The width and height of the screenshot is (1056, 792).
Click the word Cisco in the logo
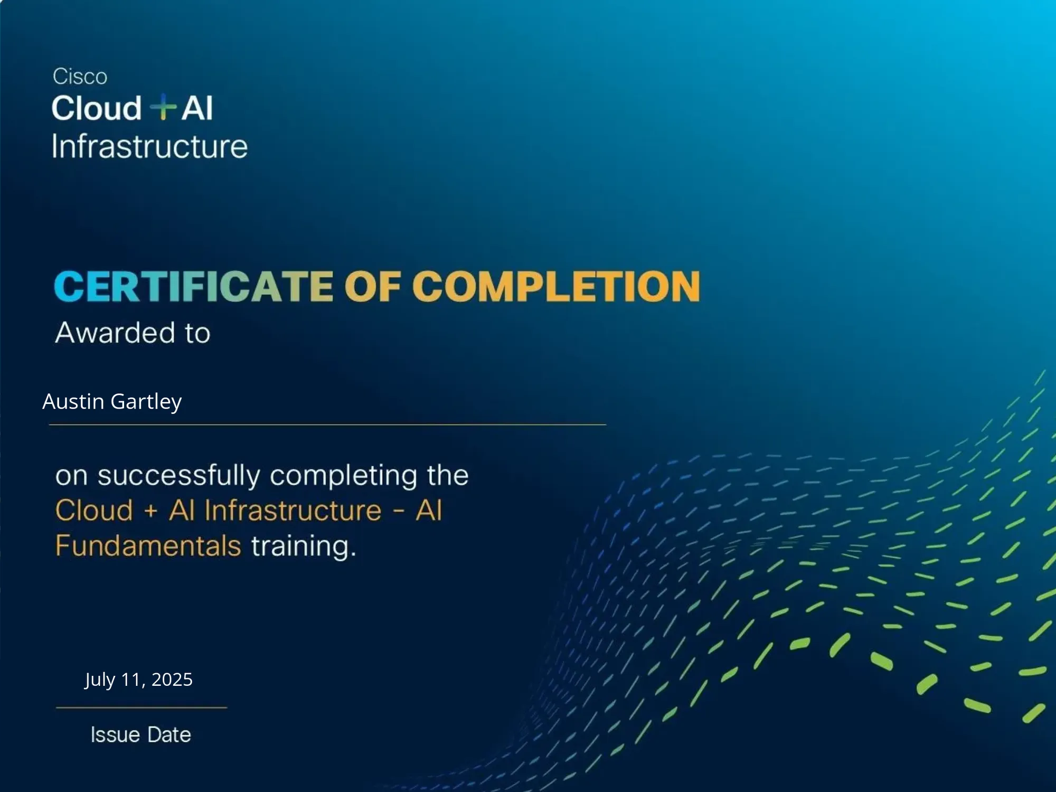pyautogui.click(x=80, y=77)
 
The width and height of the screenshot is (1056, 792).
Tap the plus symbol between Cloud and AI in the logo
pyautogui.click(x=163, y=107)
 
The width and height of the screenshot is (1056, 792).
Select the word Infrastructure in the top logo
pyautogui.click(x=149, y=146)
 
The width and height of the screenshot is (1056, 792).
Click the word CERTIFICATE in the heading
pyautogui.click(x=193, y=286)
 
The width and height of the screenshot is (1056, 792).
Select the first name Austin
pyautogui.click(x=73, y=401)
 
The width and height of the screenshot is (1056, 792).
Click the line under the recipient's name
pyautogui.click(x=327, y=425)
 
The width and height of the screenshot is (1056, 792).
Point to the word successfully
pyautogui.click(x=179, y=476)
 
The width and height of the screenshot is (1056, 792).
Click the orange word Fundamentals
pyautogui.click(x=148, y=545)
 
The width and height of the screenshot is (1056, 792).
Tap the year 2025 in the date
pyautogui.click(x=172, y=680)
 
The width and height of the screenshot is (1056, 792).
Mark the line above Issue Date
pyautogui.click(x=142, y=708)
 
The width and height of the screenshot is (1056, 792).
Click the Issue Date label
pyautogui.click(x=141, y=735)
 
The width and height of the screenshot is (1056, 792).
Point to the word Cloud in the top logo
pyautogui.click(x=97, y=108)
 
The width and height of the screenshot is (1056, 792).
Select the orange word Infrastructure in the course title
pyautogui.click(x=293, y=511)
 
